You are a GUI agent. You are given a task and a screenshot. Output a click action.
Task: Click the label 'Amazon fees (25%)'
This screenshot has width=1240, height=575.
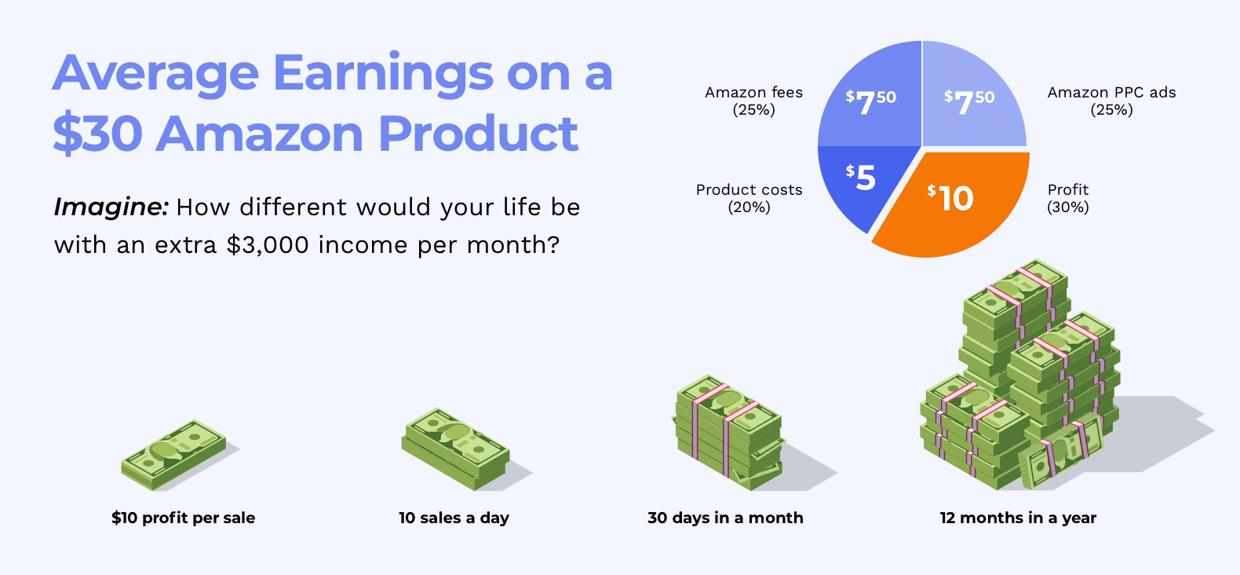(753, 101)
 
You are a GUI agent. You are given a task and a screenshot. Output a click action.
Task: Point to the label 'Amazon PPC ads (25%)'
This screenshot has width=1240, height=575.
(1111, 101)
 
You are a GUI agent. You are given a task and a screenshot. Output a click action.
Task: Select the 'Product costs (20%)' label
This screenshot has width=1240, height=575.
(749, 198)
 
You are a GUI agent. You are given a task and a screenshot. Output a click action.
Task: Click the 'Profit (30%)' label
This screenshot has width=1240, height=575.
(1068, 198)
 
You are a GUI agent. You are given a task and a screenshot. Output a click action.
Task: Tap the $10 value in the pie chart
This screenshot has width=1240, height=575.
(950, 198)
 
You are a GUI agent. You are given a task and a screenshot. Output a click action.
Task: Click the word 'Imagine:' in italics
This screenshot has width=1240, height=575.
(111, 207)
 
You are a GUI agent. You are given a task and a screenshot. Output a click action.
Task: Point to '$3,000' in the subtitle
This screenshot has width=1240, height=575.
(268, 245)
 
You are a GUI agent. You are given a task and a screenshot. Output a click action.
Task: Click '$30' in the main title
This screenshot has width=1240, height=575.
(97, 134)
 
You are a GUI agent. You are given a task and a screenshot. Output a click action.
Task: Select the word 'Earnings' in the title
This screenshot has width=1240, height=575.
(382, 75)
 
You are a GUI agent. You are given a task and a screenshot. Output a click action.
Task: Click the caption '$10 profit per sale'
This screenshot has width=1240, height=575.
(183, 518)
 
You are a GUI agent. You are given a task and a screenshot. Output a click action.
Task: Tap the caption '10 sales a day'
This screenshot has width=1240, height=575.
(454, 518)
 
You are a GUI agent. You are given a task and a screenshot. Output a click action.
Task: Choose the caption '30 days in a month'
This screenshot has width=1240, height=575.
(725, 518)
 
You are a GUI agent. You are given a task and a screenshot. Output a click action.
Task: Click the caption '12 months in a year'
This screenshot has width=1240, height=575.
(1018, 518)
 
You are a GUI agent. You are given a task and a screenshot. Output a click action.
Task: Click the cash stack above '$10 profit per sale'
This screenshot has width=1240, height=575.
(173, 455)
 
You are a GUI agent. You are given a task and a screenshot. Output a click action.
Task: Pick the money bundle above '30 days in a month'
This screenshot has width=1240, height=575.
(729, 432)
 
